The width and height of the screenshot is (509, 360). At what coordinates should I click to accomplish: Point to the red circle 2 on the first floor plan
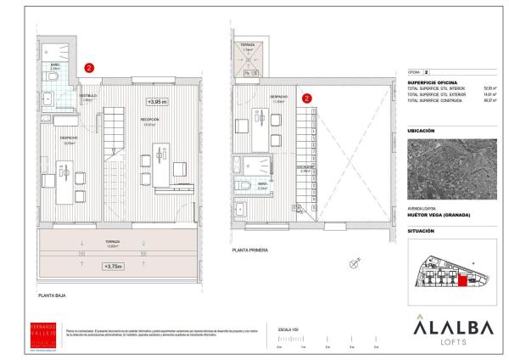click(306, 97)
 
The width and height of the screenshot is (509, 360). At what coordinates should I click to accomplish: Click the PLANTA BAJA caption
click(52, 295)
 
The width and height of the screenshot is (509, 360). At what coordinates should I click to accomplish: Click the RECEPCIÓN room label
click(151, 120)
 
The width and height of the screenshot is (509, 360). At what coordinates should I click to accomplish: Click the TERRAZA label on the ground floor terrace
click(113, 242)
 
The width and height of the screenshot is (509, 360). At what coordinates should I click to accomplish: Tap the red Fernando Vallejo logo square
click(42, 332)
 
